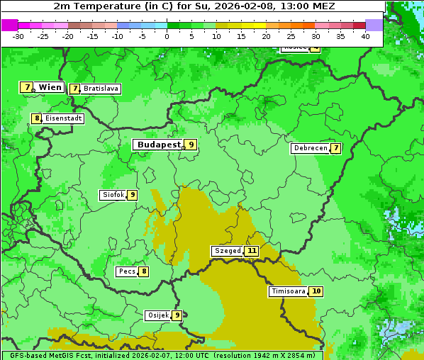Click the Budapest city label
(x=159, y=145)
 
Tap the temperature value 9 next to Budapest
(x=191, y=145)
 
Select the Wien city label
(x=50, y=87)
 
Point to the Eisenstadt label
(x=63, y=119)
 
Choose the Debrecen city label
(x=310, y=149)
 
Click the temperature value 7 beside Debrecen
(x=335, y=149)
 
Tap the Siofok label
(x=113, y=195)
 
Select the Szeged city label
(x=228, y=251)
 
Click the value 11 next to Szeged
(x=252, y=251)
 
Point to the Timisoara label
(x=289, y=291)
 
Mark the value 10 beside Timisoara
(x=316, y=291)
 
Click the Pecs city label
(x=128, y=271)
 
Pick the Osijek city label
(x=157, y=315)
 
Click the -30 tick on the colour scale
(x=18, y=35)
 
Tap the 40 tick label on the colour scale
(x=365, y=35)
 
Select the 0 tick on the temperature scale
(x=167, y=35)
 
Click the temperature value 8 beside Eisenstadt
(x=36, y=119)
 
